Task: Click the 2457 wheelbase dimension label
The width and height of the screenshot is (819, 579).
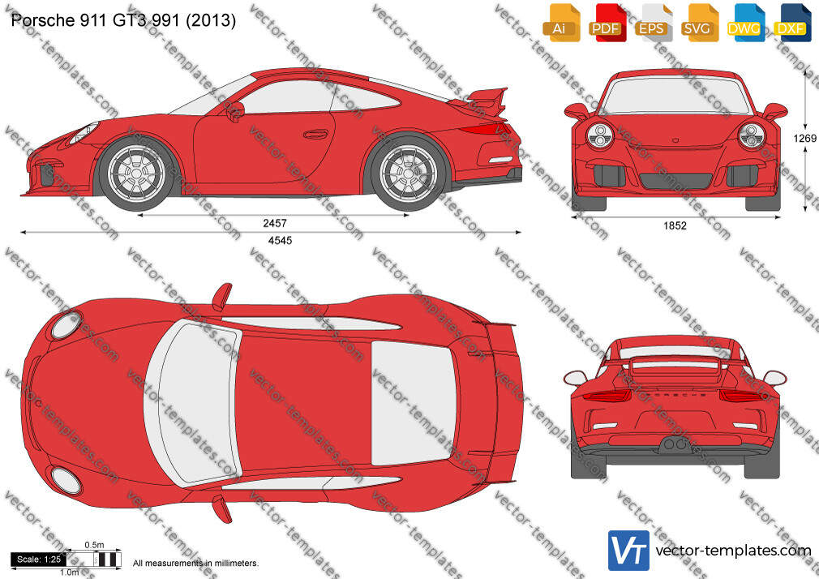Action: click(x=275, y=223)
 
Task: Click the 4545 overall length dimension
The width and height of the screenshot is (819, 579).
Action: click(x=280, y=240)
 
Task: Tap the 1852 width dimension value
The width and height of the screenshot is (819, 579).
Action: click(x=675, y=225)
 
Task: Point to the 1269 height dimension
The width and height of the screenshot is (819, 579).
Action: click(x=805, y=138)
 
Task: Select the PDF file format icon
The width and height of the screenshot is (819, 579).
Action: click(x=606, y=22)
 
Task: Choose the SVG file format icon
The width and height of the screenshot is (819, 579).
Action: click(x=697, y=22)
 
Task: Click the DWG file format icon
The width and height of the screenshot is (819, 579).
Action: click(x=744, y=22)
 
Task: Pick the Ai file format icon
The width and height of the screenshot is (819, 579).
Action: click(x=560, y=22)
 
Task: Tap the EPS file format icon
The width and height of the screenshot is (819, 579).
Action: click(x=652, y=22)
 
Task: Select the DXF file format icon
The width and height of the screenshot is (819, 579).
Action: click(x=791, y=22)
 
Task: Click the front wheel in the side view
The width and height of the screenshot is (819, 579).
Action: click(x=137, y=173)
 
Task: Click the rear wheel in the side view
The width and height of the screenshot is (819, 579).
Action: click(x=408, y=173)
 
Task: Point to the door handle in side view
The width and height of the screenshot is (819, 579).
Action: click(x=316, y=134)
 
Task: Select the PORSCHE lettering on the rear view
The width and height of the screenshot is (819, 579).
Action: click(x=675, y=395)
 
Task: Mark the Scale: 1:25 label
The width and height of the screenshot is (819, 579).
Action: click(x=39, y=560)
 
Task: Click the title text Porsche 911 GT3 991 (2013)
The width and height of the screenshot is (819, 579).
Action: click(x=123, y=19)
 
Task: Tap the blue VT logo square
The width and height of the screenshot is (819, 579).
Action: click(x=629, y=551)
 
